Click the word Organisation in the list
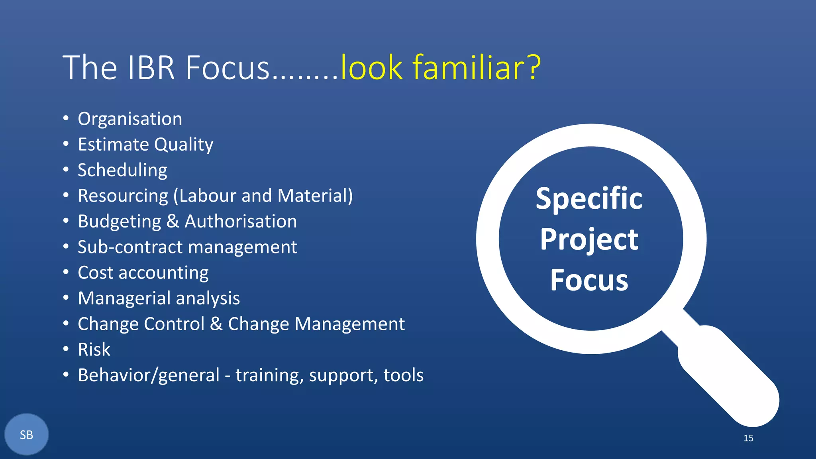pyautogui.click(x=130, y=119)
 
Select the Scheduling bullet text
pyautogui.click(x=122, y=171)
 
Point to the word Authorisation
pyautogui.click(x=241, y=222)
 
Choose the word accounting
pyautogui.click(x=163, y=273)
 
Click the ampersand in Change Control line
pyautogui.click(x=216, y=324)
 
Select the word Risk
pyautogui.click(x=94, y=349)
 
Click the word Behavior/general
pyautogui.click(x=149, y=375)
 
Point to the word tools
pyautogui.click(x=403, y=375)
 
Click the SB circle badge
pyautogui.click(x=26, y=435)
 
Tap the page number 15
pyautogui.click(x=748, y=438)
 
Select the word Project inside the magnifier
pyautogui.click(x=589, y=240)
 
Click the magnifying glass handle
pyautogui.click(x=729, y=377)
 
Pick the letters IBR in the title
pyautogui.click(x=151, y=68)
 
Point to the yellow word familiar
pyautogui.click(x=465, y=68)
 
